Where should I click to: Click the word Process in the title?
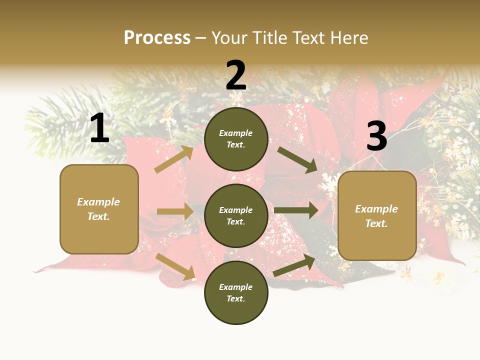157,38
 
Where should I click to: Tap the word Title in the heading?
270,38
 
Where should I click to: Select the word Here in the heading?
349,38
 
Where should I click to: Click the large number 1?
99,128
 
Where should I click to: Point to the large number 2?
236,75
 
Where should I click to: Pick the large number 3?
376,136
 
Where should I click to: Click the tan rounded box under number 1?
99,209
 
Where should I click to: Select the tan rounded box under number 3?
377,215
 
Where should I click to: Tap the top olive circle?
236,139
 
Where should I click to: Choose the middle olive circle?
236,215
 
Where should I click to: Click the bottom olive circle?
236,292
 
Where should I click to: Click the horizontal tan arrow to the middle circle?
175,211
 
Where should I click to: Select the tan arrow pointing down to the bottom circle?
175,266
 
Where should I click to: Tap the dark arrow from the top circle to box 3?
297,159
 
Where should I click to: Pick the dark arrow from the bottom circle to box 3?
294,265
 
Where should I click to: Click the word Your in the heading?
229,38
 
